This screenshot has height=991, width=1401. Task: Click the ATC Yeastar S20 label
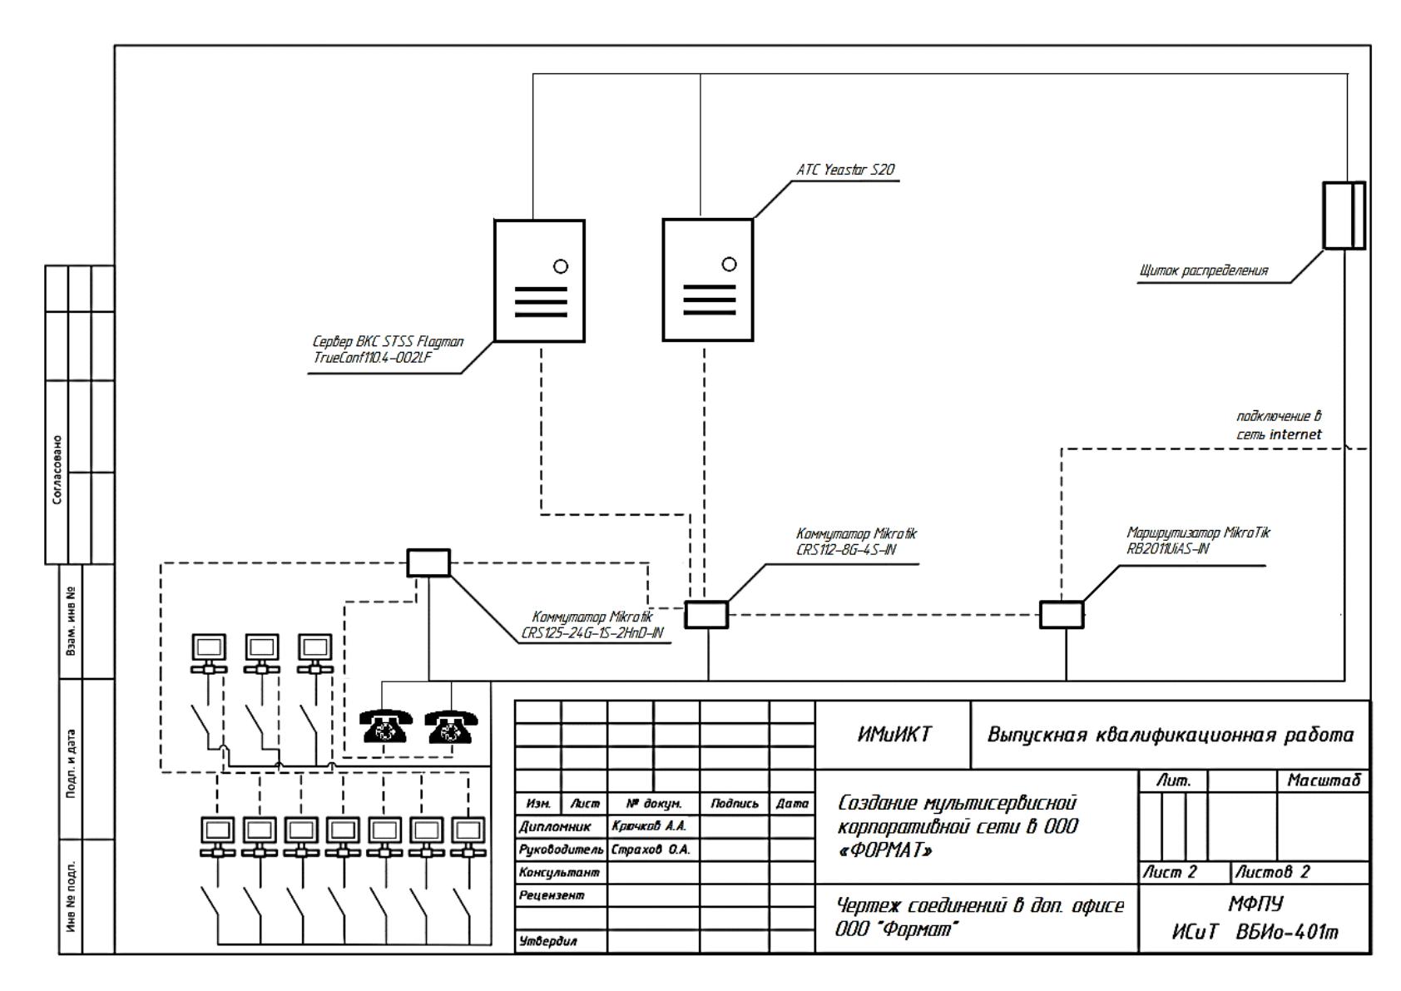click(x=845, y=170)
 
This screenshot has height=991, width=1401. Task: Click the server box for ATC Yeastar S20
click(x=707, y=280)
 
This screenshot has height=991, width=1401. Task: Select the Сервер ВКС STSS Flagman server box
click(x=539, y=281)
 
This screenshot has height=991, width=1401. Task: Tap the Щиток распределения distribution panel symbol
click(x=1344, y=216)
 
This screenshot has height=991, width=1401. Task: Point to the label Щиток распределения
click(x=1203, y=271)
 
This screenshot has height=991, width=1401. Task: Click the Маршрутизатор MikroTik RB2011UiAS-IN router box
click(x=1062, y=614)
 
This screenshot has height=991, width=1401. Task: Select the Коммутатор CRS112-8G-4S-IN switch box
click(x=706, y=614)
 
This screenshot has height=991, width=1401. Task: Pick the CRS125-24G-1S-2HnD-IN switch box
click(x=428, y=562)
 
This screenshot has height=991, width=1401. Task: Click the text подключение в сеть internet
click(x=1279, y=425)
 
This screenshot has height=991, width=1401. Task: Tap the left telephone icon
click(x=386, y=726)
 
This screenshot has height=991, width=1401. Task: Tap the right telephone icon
click(x=451, y=726)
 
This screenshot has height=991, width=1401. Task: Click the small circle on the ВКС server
click(x=561, y=266)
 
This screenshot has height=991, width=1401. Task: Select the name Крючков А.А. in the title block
click(x=649, y=825)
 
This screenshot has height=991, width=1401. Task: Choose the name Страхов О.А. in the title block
click(x=651, y=850)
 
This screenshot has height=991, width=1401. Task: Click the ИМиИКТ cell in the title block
click(x=894, y=734)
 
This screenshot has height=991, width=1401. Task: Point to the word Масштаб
click(x=1324, y=780)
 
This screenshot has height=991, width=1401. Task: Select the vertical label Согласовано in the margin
click(x=57, y=470)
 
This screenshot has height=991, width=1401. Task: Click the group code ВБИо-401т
click(x=1287, y=932)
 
